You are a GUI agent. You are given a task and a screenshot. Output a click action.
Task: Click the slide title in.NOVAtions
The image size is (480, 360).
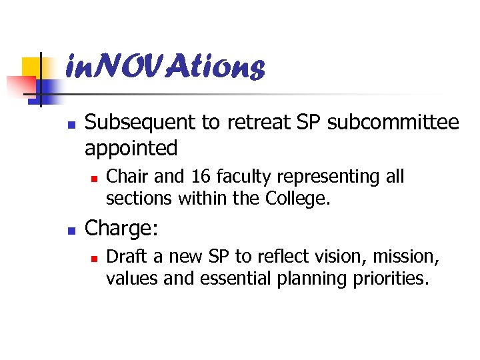pos(165,67)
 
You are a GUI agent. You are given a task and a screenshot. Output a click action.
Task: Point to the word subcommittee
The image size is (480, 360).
pos(393,123)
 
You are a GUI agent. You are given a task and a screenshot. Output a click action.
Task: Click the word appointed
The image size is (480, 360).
pos(131,148)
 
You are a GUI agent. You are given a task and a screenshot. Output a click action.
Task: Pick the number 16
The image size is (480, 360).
pos(200,177)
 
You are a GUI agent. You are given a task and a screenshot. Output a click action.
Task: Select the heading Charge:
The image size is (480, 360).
pos(122,228)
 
